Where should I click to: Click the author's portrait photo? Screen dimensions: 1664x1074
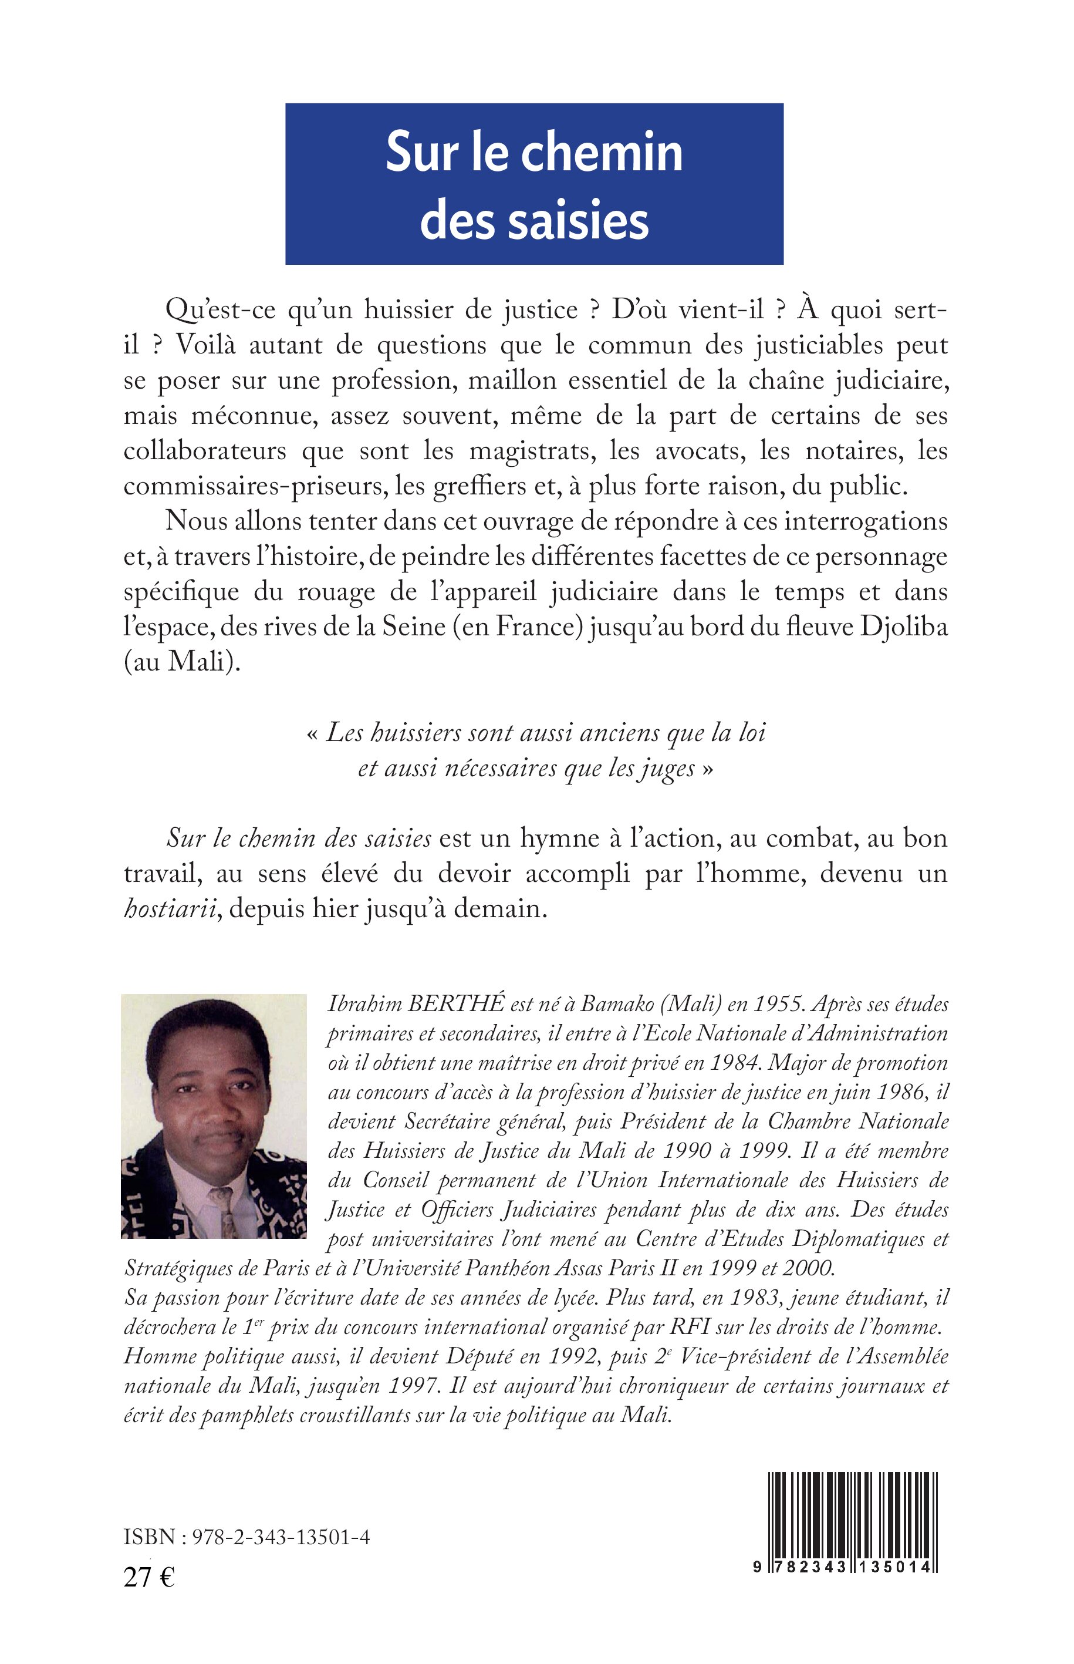214,1116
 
